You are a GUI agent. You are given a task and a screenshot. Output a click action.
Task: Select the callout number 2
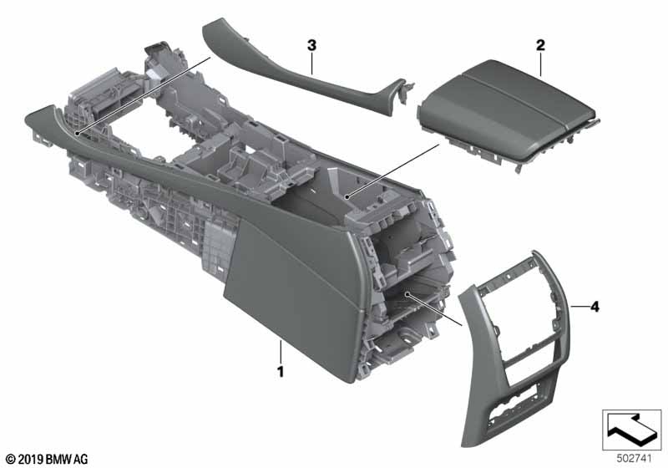click(x=540, y=43)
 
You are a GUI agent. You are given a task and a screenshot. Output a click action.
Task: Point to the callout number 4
click(x=595, y=308)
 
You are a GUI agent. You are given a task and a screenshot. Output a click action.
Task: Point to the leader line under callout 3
click(x=311, y=63)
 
